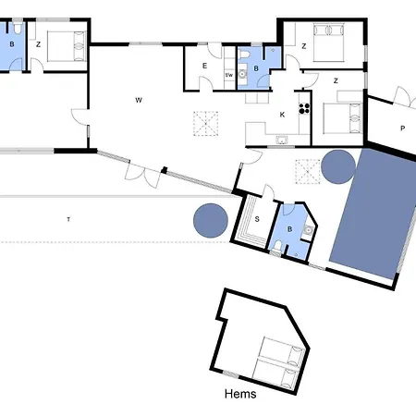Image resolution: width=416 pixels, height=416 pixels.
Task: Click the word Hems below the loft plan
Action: point(240,394)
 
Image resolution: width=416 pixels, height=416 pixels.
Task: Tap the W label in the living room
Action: point(139,100)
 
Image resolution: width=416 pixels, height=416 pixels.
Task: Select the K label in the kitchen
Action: point(282,115)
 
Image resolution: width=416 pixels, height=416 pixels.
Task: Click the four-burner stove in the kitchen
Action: point(304,108)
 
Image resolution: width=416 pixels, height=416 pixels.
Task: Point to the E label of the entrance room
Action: point(204,66)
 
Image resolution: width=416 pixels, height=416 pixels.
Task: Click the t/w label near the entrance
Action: point(229,75)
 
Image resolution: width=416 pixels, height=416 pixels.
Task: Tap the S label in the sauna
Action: point(257,219)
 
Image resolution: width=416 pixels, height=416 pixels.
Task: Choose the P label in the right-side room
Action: point(402,128)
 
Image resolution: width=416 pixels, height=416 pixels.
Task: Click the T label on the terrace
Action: point(68,219)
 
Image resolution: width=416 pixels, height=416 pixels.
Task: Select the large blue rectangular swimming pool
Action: point(373,214)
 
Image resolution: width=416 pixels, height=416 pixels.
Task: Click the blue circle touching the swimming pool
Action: point(338,166)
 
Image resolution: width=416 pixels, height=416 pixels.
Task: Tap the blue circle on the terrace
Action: point(211,220)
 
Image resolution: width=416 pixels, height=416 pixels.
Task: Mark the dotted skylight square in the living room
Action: point(206,124)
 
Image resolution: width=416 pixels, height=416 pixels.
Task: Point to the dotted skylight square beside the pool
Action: point(308,172)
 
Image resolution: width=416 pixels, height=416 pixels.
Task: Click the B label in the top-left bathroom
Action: point(12,44)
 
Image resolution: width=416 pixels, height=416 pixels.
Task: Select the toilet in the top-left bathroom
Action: point(18,28)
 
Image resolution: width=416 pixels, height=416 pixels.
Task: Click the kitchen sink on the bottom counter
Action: point(282,140)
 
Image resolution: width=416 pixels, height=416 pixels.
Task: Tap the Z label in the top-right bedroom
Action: point(304,46)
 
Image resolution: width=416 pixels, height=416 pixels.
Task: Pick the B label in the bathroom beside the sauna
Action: point(289,229)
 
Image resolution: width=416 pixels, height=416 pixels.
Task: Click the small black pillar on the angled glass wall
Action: point(165,170)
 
